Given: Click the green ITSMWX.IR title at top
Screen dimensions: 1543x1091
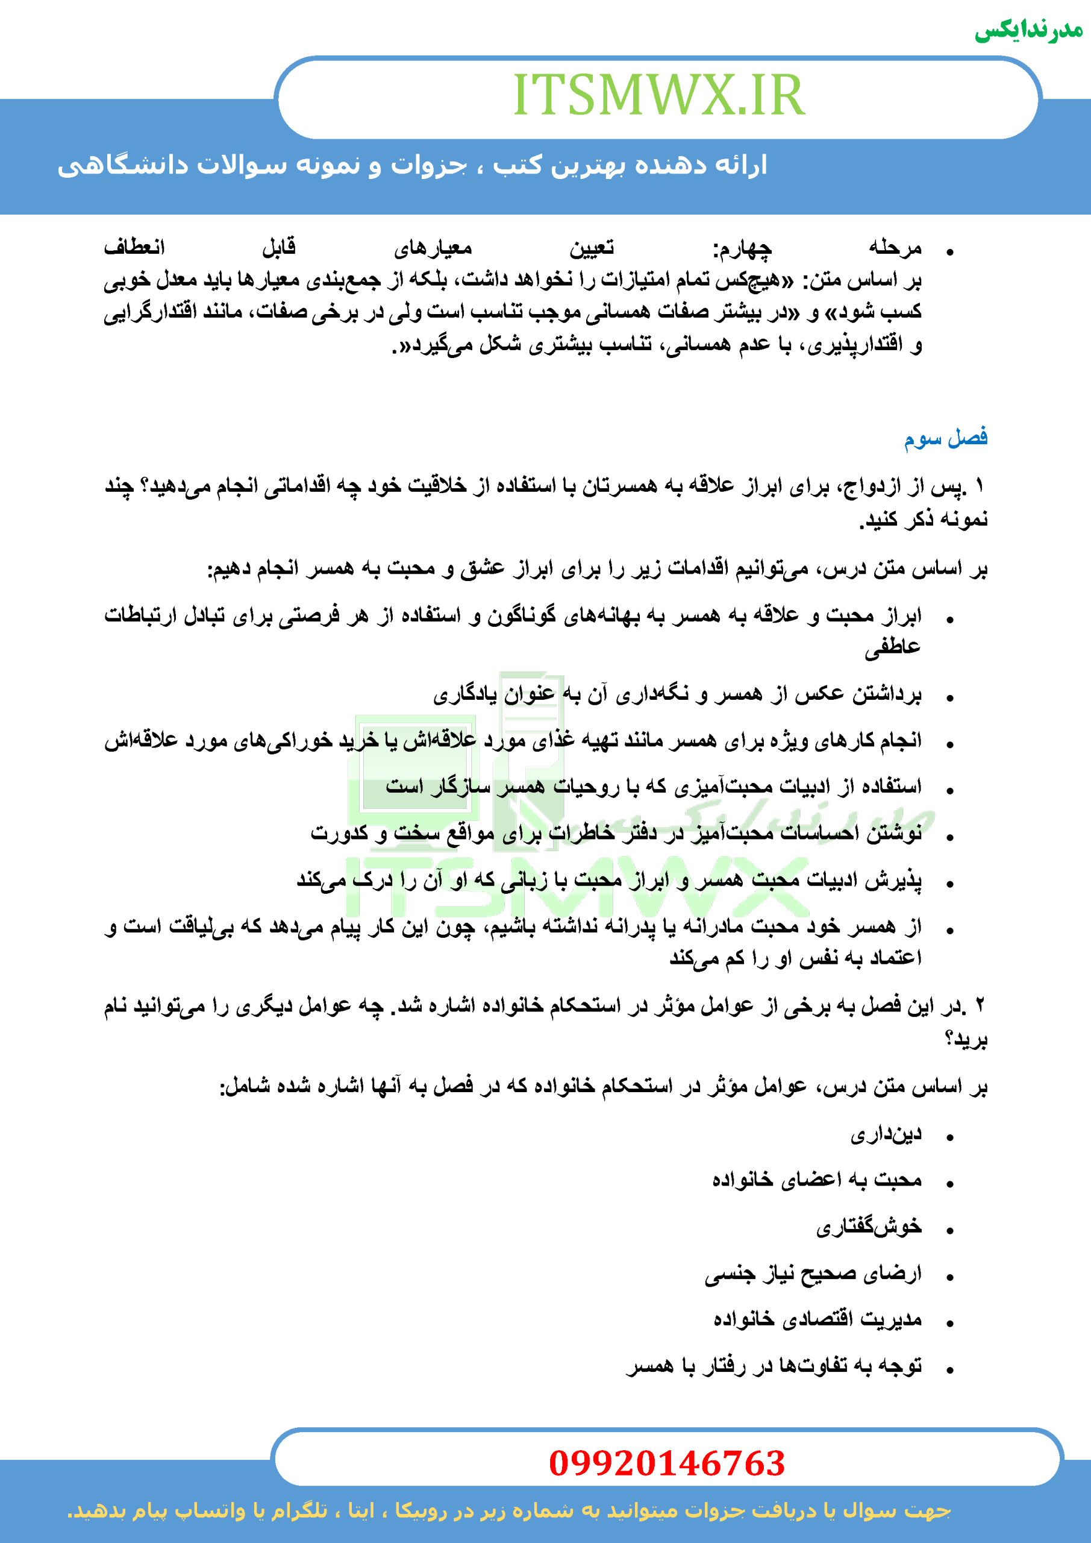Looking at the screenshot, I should tap(658, 95).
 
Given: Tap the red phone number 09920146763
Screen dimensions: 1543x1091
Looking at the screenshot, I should tap(666, 1463).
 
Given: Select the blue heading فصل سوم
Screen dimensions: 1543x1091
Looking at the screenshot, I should tap(945, 438).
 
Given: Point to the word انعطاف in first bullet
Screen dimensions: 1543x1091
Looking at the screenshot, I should tap(134, 247).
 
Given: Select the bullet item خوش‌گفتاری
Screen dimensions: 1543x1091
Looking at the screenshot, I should tap(869, 1227).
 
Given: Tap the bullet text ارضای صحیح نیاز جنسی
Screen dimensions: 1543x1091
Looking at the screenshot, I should tap(813, 1274).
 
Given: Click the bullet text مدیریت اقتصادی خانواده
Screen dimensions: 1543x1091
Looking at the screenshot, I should tap(817, 1319).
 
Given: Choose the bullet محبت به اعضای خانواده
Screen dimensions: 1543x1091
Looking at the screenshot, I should tap(817, 1181).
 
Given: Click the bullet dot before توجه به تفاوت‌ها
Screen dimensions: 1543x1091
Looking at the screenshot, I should tap(950, 1369).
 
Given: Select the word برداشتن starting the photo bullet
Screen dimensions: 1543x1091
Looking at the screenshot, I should tap(887, 694).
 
